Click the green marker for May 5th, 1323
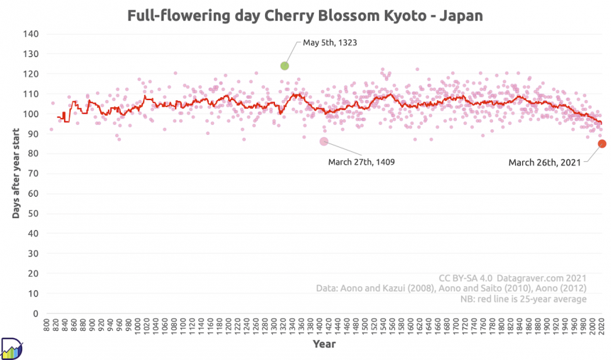coord(284,65)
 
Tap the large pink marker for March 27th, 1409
coord(323,141)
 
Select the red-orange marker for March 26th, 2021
coord(602,143)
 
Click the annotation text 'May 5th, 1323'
coord(330,43)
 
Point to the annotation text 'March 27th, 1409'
coord(361,162)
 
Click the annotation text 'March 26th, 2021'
coord(544,163)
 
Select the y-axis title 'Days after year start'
coord(15,173)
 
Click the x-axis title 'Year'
coord(324,344)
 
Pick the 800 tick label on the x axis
coord(47,327)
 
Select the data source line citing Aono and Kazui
coord(451,288)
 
